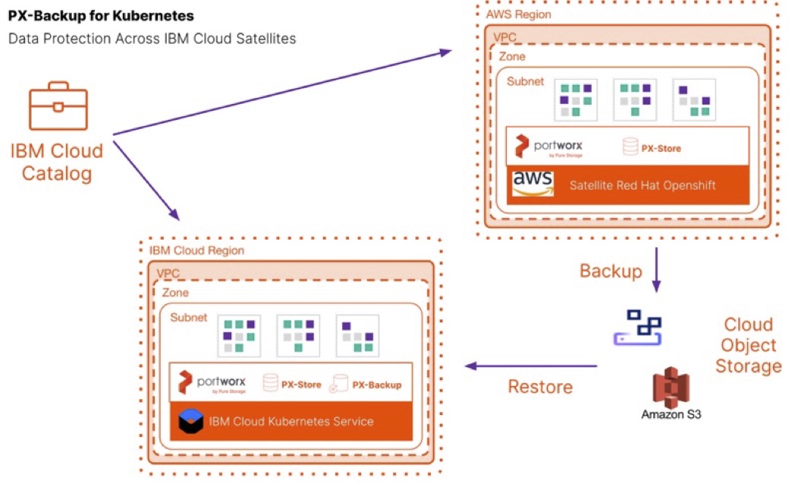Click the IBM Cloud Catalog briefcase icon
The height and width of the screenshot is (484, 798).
coord(58,106)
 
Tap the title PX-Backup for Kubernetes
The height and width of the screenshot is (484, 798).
coord(100,15)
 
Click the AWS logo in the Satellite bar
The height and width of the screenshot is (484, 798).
coord(533,183)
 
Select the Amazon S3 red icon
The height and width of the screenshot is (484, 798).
coord(671,387)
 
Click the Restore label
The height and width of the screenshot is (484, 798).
coord(540,387)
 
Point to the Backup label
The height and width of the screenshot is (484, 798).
coord(611,272)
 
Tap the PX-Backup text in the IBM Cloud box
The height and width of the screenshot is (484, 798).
coord(376,385)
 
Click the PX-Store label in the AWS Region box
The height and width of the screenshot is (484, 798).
coord(661,148)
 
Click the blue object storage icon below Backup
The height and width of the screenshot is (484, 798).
coord(637,327)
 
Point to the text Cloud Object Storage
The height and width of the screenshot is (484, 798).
coord(748,345)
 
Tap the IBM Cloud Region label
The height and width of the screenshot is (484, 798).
coord(196,250)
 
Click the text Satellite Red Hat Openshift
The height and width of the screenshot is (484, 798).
coord(642,185)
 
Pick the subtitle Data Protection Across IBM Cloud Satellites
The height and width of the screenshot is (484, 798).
coord(152,39)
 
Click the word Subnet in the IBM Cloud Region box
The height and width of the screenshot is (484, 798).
coord(188,317)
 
